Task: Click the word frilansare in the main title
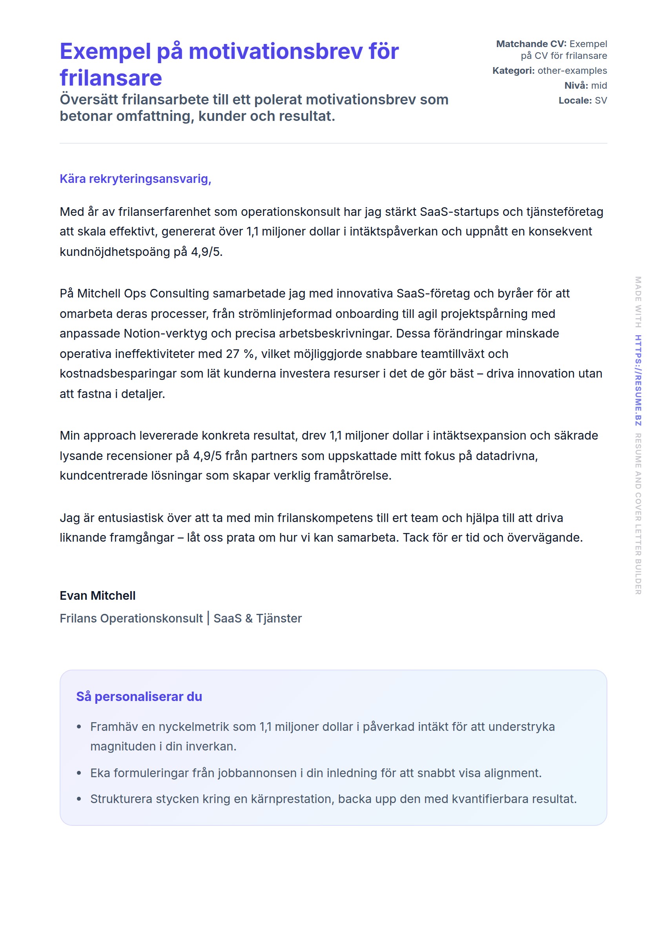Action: click(x=111, y=78)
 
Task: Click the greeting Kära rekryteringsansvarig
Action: click(x=135, y=179)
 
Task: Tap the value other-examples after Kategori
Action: click(x=572, y=71)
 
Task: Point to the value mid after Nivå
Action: click(x=599, y=86)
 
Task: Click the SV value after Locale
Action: click(x=600, y=100)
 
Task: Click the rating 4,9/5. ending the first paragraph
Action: click(x=207, y=252)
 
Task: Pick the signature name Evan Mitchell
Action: click(x=97, y=596)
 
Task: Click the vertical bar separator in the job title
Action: click(x=208, y=618)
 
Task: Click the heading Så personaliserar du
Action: click(x=139, y=697)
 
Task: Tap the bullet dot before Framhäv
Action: click(x=79, y=727)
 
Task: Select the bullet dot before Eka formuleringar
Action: click(x=79, y=773)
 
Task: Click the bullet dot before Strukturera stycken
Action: click(x=79, y=799)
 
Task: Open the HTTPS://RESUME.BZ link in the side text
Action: click(x=638, y=380)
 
